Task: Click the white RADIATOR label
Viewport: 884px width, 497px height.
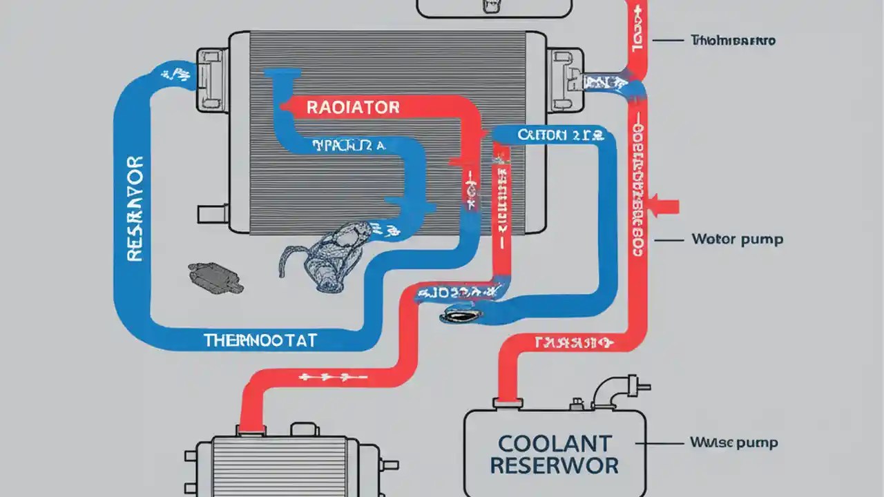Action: pyautogui.click(x=352, y=107)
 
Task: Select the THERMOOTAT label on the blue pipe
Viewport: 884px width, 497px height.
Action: pyautogui.click(x=260, y=340)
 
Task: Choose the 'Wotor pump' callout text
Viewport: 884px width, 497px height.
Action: pyautogui.click(x=737, y=240)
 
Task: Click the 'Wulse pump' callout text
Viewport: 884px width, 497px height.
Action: pyautogui.click(x=733, y=442)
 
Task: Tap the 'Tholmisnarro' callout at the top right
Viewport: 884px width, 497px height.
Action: pyautogui.click(x=733, y=41)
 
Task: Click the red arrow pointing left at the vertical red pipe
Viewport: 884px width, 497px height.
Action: pyautogui.click(x=664, y=206)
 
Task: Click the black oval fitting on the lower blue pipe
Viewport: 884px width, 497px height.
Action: pyautogui.click(x=457, y=315)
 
